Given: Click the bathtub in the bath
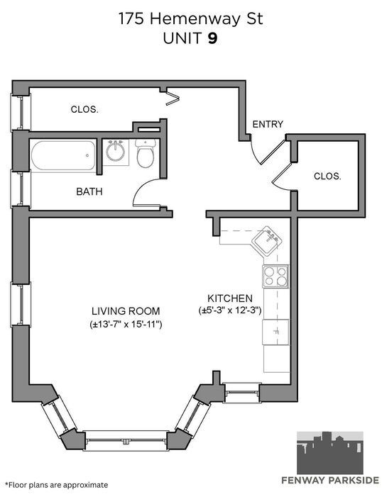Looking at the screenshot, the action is click(x=63, y=156).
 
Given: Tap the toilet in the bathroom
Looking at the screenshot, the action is click(x=146, y=153).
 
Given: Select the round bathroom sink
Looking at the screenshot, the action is click(x=116, y=151).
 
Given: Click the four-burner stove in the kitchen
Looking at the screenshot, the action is click(x=275, y=276).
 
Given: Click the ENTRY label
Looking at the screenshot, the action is click(x=268, y=125).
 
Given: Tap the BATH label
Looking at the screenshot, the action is click(x=89, y=191).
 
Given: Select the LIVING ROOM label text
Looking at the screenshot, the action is click(x=126, y=311).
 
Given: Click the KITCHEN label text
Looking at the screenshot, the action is click(x=230, y=298).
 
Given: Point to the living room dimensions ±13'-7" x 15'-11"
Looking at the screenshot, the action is click(x=126, y=324).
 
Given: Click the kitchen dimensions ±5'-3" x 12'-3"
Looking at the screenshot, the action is click(x=230, y=310).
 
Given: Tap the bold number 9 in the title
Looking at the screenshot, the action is click(x=212, y=39).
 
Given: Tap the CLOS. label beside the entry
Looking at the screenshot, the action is click(x=327, y=176).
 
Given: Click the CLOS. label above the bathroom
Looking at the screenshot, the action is click(x=84, y=110).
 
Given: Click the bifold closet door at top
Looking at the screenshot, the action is click(x=173, y=98).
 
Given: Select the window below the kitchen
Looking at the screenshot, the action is click(x=241, y=393).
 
